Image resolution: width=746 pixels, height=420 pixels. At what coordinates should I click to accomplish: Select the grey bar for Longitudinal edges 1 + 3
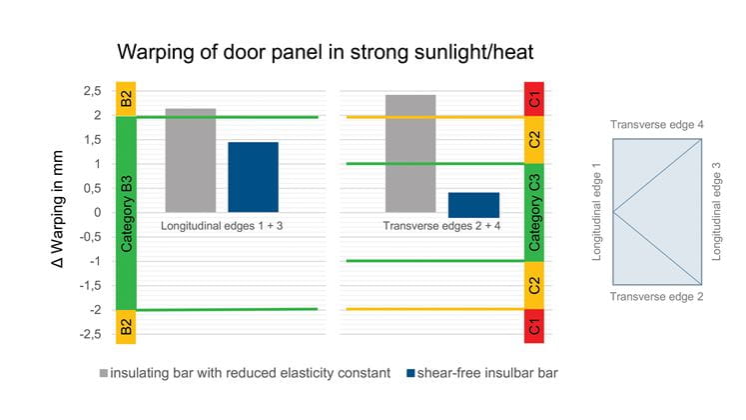190,160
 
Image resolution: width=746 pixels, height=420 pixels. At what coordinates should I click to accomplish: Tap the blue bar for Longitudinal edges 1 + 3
253,177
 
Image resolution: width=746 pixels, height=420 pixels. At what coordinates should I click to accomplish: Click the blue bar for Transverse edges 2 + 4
473,204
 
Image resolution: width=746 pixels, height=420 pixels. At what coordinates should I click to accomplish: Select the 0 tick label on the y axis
97,212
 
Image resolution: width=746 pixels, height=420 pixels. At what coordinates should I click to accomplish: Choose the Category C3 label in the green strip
535,213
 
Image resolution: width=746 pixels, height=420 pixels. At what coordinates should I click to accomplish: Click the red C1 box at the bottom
535,326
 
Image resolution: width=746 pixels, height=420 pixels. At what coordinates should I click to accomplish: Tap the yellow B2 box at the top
126,99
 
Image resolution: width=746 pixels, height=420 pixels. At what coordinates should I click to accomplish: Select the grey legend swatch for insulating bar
104,373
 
